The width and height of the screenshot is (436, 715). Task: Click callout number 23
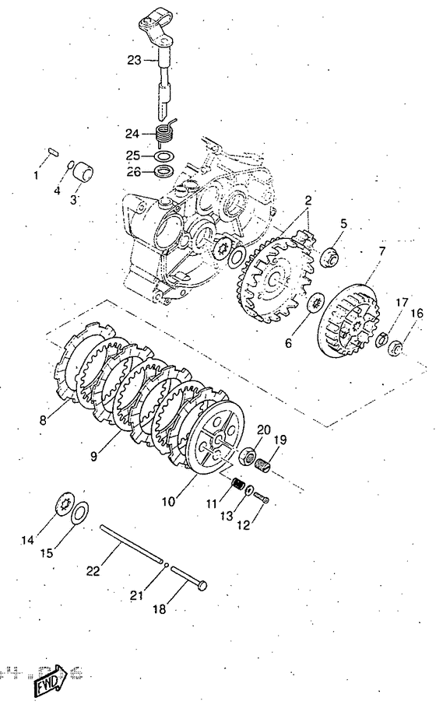pyautogui.click(x=134, y=60)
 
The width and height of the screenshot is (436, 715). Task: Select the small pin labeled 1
pyautogui.click(x=51, y=151)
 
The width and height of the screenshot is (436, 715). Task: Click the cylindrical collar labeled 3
pyautogui.click(x=84, y=173)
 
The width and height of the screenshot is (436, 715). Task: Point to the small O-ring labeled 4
pyautogui.click(x=71, y=165)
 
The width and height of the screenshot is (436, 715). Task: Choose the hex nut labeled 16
pyautogui.click(x=396, y=349)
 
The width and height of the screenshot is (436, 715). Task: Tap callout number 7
pyautogui.click(x=381, y=251)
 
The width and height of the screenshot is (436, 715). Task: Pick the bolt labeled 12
pyautogui.click(x=261, y=497)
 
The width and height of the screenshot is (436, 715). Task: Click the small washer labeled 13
pyautogui.click(x=249, y=491)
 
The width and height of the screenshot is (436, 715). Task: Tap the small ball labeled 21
pyautogui.click(x=167, y=566)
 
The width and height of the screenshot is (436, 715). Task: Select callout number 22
pyautogui.click(x=93, y=571)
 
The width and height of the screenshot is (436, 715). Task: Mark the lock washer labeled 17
pyautogui.click(x=382, y=339)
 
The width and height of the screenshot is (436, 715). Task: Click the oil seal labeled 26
pyautogui.click(x=163, y=173)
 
